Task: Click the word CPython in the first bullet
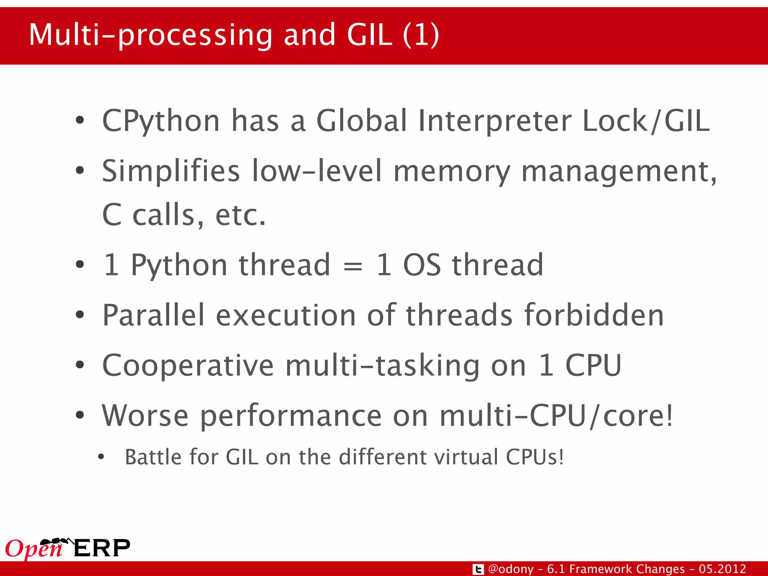pos(161,121)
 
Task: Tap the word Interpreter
pos(495,121)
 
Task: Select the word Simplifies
pos(171,171)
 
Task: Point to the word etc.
pos(240,215)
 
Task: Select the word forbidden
pos(594,315)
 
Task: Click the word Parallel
pos(153,315)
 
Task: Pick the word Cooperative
pos(188,365)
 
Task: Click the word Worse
pos(145,415)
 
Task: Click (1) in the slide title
pos(421,34)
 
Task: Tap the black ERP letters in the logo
pos(102,548)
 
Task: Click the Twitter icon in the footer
pos(478,569)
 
